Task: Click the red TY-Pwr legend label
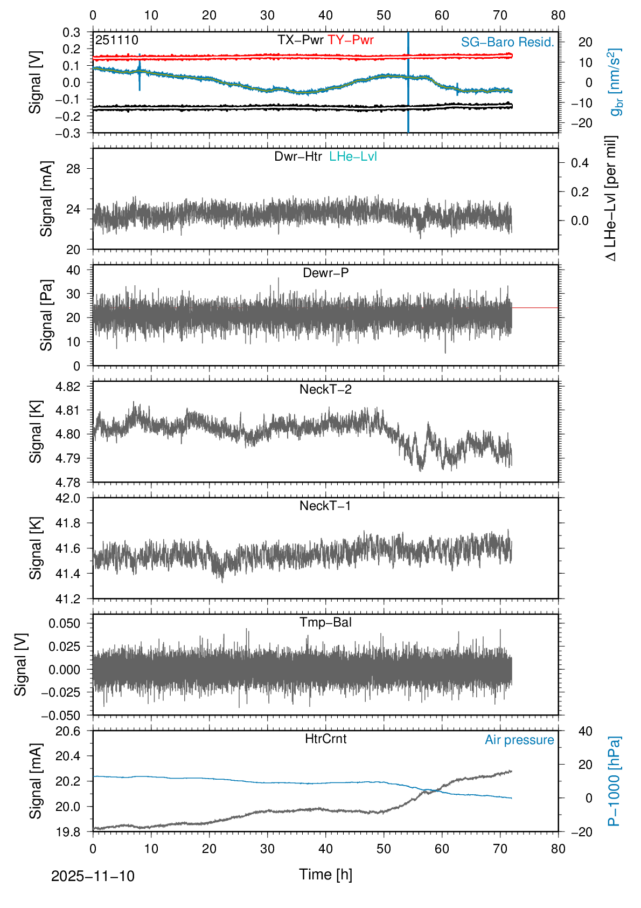(351, 40)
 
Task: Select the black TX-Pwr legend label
(301, 40)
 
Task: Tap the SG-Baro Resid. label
(507, 42)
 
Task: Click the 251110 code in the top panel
(117, 40)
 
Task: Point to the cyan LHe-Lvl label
(353, 156)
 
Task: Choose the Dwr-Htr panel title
(298, 156)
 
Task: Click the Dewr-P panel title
(325, 273)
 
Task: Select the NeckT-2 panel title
(325, 389)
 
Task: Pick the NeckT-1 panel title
(325, 506)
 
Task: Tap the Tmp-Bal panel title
(325, 622)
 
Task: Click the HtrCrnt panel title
(325, 739)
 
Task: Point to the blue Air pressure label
(519, 740)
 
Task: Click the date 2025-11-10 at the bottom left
(93, 876)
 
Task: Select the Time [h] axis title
(325, 875)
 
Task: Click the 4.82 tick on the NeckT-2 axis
(68, 387)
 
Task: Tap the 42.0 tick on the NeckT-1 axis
(68, 498)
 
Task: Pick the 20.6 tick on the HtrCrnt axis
(68, 731)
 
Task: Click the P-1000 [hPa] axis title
(614, 781)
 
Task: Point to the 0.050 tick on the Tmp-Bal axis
(64, 623)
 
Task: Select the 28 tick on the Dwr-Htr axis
(73, 169)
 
